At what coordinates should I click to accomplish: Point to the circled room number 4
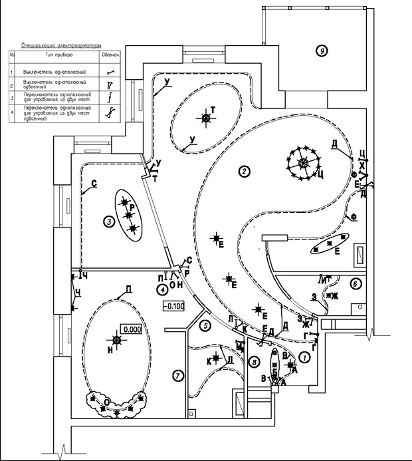(x=161, y=289)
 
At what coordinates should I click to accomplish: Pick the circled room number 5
(x=206, y=325)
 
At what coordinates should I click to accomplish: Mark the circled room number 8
(x=255, y=362)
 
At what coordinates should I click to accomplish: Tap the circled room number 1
(x=304, y=357)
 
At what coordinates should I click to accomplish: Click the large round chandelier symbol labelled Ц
(x=304, y=162)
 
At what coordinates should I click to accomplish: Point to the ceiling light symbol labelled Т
(x=206, y=118)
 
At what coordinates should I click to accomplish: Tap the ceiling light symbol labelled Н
(x=117, y=341)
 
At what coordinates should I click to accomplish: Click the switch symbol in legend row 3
(x=111, y=98)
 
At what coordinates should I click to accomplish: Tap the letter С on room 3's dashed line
(x=94, y=182)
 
